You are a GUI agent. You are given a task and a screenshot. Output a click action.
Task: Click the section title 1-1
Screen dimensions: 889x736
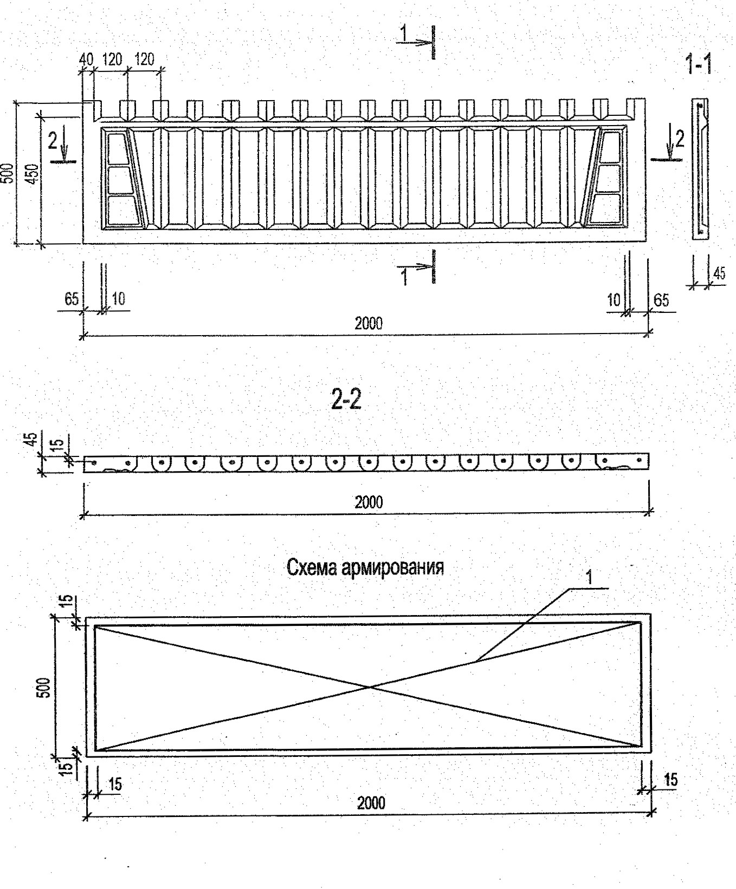pos(698,65)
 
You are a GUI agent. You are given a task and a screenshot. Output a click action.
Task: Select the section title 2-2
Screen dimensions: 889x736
pos(346,400)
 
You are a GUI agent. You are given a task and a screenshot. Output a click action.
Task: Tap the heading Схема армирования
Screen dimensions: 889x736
pos(365,567)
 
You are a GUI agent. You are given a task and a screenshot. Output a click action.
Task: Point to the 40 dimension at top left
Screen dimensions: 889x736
pos(86,59)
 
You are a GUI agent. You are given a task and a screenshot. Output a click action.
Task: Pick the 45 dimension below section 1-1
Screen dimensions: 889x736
pos(719,273)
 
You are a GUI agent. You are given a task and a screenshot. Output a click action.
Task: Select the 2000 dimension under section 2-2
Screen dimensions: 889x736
pos(369,502)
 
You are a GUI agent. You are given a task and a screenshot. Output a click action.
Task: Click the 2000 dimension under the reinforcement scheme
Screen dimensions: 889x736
pos(371,802)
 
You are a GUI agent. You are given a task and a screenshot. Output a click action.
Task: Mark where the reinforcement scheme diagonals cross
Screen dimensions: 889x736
pos(370,687)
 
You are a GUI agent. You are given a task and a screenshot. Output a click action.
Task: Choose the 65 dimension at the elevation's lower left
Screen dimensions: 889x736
pos(72,299)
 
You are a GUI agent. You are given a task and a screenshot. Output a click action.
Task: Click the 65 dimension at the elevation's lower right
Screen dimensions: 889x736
pos(661,300)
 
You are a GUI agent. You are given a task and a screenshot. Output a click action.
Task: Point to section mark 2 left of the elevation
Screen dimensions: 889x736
pos(53,141)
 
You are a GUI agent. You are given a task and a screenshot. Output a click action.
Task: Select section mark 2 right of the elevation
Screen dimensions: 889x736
pos(679,140)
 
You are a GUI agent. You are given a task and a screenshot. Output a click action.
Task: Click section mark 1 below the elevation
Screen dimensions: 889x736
pos(404,277)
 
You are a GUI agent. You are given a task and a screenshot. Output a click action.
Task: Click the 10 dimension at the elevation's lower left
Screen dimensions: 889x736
pos(118,298)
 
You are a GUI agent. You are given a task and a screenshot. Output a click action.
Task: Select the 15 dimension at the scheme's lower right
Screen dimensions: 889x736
pos(670,780)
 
